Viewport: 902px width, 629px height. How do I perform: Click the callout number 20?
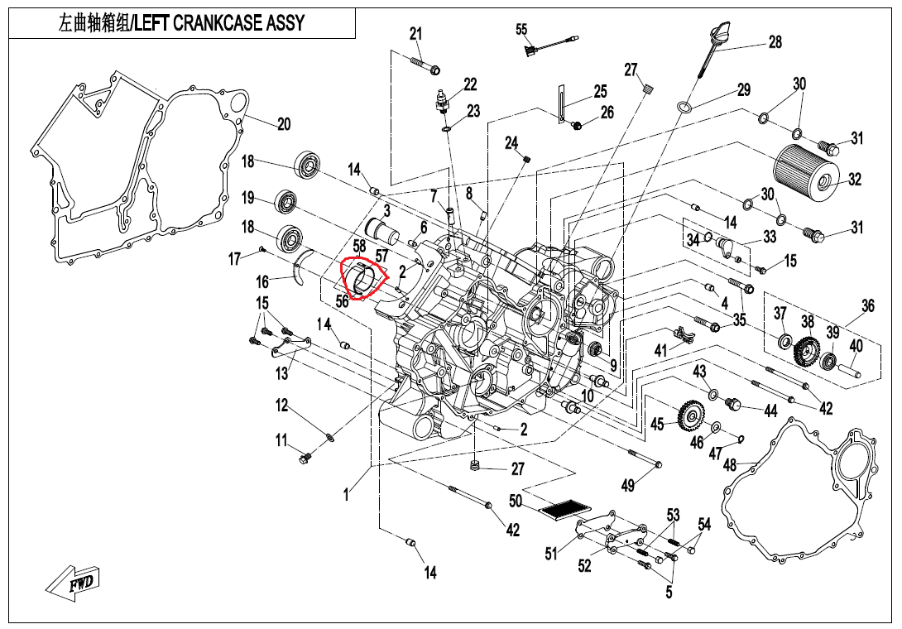pos(283,125)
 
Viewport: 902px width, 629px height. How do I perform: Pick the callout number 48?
pos(730,466)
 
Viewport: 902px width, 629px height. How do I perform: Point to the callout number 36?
pos(867,306)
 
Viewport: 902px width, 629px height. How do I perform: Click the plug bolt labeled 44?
pos(732,404)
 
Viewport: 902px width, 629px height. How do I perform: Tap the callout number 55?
pos(521,30)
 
